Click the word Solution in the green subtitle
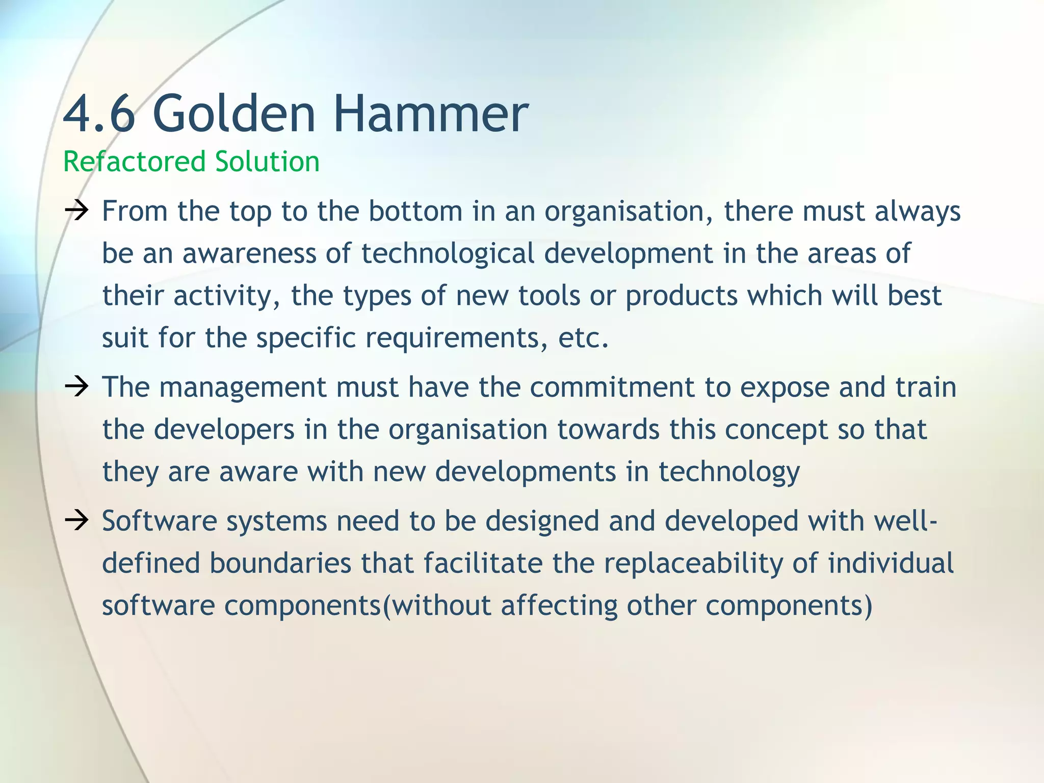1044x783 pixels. pos(267,162)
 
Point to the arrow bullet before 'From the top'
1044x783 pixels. pos(77,211)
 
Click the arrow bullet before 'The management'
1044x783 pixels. pos(77,387)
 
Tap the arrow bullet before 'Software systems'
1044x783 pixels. pos(77,521)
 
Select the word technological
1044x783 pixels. pos(448,253)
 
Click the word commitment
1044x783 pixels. pos(612,387)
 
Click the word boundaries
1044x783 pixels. pos(280,563)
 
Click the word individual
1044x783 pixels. pos(890,563)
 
